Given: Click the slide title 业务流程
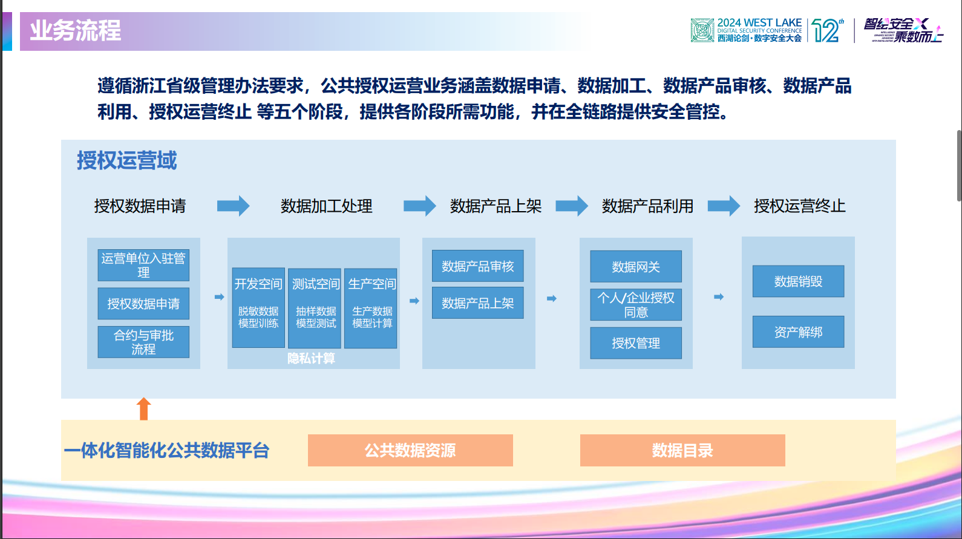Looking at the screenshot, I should [x=76, y=31].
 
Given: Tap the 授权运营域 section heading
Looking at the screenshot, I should [x=126, y=161].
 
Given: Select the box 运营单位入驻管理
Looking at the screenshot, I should [x=143, y=265].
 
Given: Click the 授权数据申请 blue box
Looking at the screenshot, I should [x=143, y=304].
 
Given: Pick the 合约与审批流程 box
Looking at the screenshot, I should [x=143, y=342].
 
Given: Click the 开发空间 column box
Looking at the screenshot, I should [x=258, y=308].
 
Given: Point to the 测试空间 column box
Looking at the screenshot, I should [x=315, y=308].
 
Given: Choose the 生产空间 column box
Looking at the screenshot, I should [x=371, y=308].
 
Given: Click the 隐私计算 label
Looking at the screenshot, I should [x=311, y=359].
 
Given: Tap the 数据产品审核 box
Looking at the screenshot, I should [x=477, y=266].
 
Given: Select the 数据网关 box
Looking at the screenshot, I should [x=636, y=267].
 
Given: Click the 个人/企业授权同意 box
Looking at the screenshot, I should [x=636, y=305].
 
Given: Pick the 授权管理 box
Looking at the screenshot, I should [x=636, y=343].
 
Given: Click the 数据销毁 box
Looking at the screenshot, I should [x=798, y=281].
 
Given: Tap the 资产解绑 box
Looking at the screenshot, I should [x=798, y=332].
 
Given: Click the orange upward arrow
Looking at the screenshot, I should [x=143, y=408].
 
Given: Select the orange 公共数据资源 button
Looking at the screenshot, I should [x=410, y=450].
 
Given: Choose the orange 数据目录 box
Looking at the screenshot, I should [x=682, y=450].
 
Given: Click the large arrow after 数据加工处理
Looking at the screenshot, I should [x=420, y=206].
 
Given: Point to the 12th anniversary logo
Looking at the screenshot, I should [x=827, y=30].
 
